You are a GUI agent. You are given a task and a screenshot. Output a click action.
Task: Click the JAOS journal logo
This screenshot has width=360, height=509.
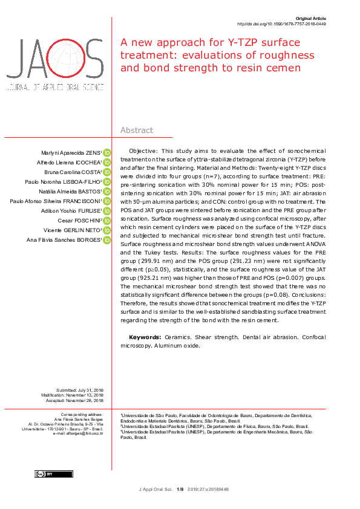click(54, 64)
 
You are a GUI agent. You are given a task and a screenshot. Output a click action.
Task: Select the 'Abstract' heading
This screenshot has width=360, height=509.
click(137, 130)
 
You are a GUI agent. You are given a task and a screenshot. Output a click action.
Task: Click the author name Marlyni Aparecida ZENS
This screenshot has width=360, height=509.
click(71, 152)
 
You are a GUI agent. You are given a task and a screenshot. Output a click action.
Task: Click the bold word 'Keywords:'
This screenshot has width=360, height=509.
click(145, 337)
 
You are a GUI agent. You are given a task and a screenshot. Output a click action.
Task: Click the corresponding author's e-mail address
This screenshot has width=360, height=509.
click(78, 433)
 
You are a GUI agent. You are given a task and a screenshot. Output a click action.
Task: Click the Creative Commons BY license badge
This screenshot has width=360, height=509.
click(45, 474)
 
